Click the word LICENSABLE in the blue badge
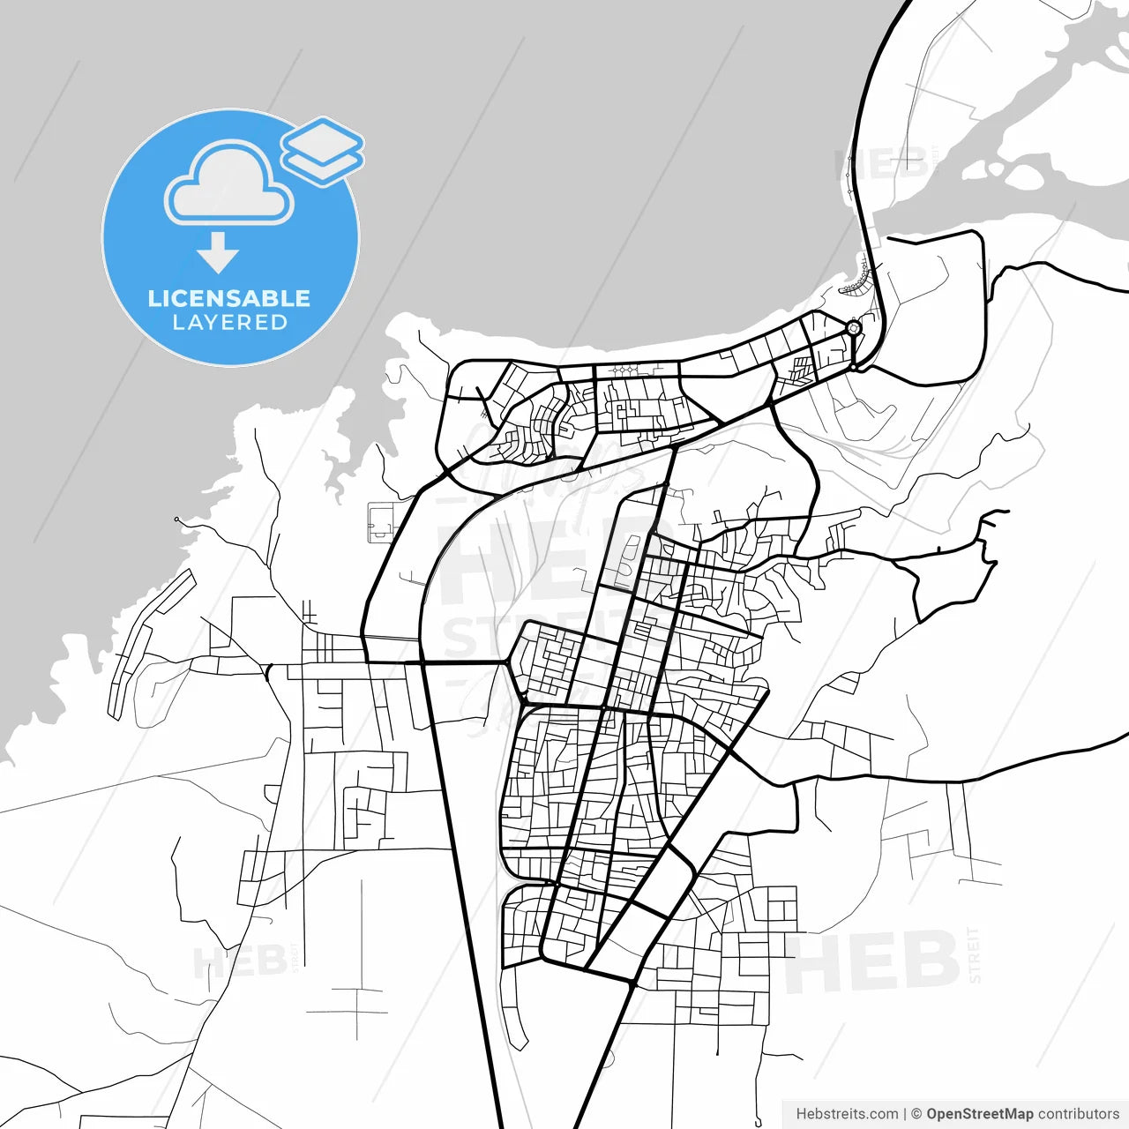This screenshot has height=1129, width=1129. [229, 298]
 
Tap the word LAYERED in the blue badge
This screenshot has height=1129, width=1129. [229, 323]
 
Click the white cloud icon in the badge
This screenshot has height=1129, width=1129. [229, 183]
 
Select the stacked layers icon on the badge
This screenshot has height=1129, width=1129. [322, 151]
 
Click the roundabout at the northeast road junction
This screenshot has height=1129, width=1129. [853, 328]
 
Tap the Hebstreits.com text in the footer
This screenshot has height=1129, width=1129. [847, 1114]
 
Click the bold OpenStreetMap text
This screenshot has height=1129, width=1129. [979, 1114]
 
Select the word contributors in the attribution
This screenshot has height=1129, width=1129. [1078, 1114]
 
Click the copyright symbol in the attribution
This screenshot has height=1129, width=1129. [916, 1114]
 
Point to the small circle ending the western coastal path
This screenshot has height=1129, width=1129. [176, 520]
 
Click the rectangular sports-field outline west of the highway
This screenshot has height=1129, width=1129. [382, 521]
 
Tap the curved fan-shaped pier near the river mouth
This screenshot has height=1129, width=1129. [855, 282]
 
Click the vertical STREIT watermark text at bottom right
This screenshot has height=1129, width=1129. [974, 954]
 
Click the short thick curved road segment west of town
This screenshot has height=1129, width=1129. [266, 671]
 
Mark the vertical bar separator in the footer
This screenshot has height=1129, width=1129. [905, 1114]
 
